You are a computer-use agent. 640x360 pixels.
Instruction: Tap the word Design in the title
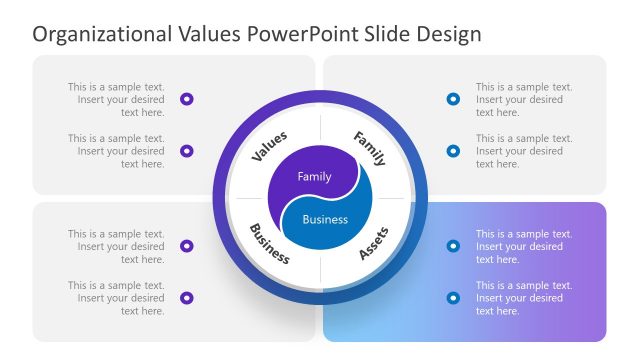(x=448, y=34)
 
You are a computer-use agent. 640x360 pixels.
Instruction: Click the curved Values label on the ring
(x=269, y=146)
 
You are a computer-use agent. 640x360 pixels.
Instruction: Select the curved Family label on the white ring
(x=369, y=147)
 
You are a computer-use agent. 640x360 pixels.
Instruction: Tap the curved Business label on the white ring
(x=269, y=243)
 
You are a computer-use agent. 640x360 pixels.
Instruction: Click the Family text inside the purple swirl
(x=314, y=176)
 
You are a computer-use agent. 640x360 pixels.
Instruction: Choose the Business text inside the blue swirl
(x=325, y=219)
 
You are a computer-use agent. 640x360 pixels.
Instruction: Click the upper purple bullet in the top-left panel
(x=187, y=99)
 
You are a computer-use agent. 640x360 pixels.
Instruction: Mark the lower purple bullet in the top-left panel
(x=187, y=151)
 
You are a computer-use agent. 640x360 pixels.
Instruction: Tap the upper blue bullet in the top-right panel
(x=453, y=99)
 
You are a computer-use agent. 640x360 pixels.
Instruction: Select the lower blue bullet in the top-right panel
(x=453, y=151)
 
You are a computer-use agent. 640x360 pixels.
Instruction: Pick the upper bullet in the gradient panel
(x=453, y=246)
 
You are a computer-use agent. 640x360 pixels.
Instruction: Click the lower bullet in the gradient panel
(x=453, y=298)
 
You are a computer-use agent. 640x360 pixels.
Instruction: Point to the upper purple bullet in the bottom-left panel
(x=187, y=246)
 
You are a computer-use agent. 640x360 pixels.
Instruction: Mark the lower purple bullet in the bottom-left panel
(x=187, y=298)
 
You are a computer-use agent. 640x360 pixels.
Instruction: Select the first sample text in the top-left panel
(x=116, y=99)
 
